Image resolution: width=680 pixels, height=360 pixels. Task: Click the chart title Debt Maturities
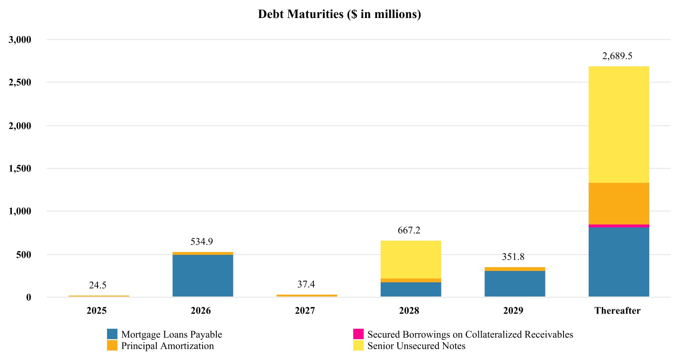(x=340, y=15)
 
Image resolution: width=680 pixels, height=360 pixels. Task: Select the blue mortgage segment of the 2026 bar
(x=203, y=276)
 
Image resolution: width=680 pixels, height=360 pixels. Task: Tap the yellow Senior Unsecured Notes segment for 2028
(x=411, y=260)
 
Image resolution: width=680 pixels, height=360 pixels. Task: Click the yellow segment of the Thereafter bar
(x=618, y=125)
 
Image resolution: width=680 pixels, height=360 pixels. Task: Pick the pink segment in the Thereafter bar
(x=618, y=226)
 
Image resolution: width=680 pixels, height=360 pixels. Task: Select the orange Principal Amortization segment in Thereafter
(x=618, y=204)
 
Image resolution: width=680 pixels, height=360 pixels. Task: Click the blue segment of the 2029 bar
(x=515, y=284)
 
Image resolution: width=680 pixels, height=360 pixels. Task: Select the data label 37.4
(x=306, y=284)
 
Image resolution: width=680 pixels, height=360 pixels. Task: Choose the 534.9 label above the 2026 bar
(x=202, y=242)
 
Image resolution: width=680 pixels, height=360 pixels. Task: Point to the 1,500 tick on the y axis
(x=20, y=169)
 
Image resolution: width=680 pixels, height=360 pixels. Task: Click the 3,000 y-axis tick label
(x=20, y=40)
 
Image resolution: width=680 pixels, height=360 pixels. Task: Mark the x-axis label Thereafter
(x=617, y=311)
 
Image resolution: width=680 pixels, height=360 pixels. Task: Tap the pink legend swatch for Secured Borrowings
(x=358, y=334)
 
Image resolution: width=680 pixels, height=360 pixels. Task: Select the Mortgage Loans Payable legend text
(x=171, y=334)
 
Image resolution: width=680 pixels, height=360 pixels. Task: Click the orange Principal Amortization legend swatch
(x=112, y=346)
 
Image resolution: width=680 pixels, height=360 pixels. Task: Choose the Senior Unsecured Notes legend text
(x=416, y=346)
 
